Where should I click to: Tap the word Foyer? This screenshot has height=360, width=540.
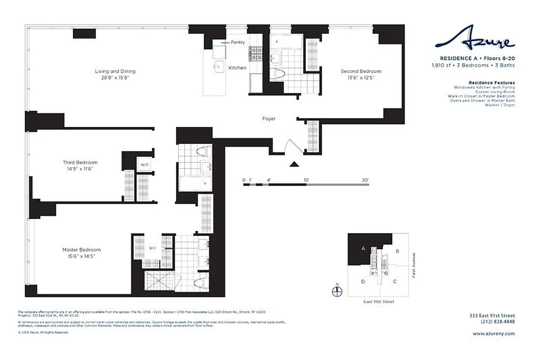point(269,119)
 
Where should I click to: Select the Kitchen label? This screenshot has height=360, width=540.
point(237,68)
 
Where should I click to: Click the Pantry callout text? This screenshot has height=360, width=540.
point(238,42)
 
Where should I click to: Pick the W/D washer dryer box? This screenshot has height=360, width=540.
point(144,164)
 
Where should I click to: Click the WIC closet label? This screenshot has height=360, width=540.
point(153,248)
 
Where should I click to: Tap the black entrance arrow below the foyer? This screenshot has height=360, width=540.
point(294,165)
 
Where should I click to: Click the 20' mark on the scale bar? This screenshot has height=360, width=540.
point(365,180)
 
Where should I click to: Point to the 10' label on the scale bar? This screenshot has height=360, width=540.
point(306,180)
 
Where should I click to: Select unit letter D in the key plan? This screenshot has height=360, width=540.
point(362,282)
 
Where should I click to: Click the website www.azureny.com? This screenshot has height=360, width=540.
point(494,333)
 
